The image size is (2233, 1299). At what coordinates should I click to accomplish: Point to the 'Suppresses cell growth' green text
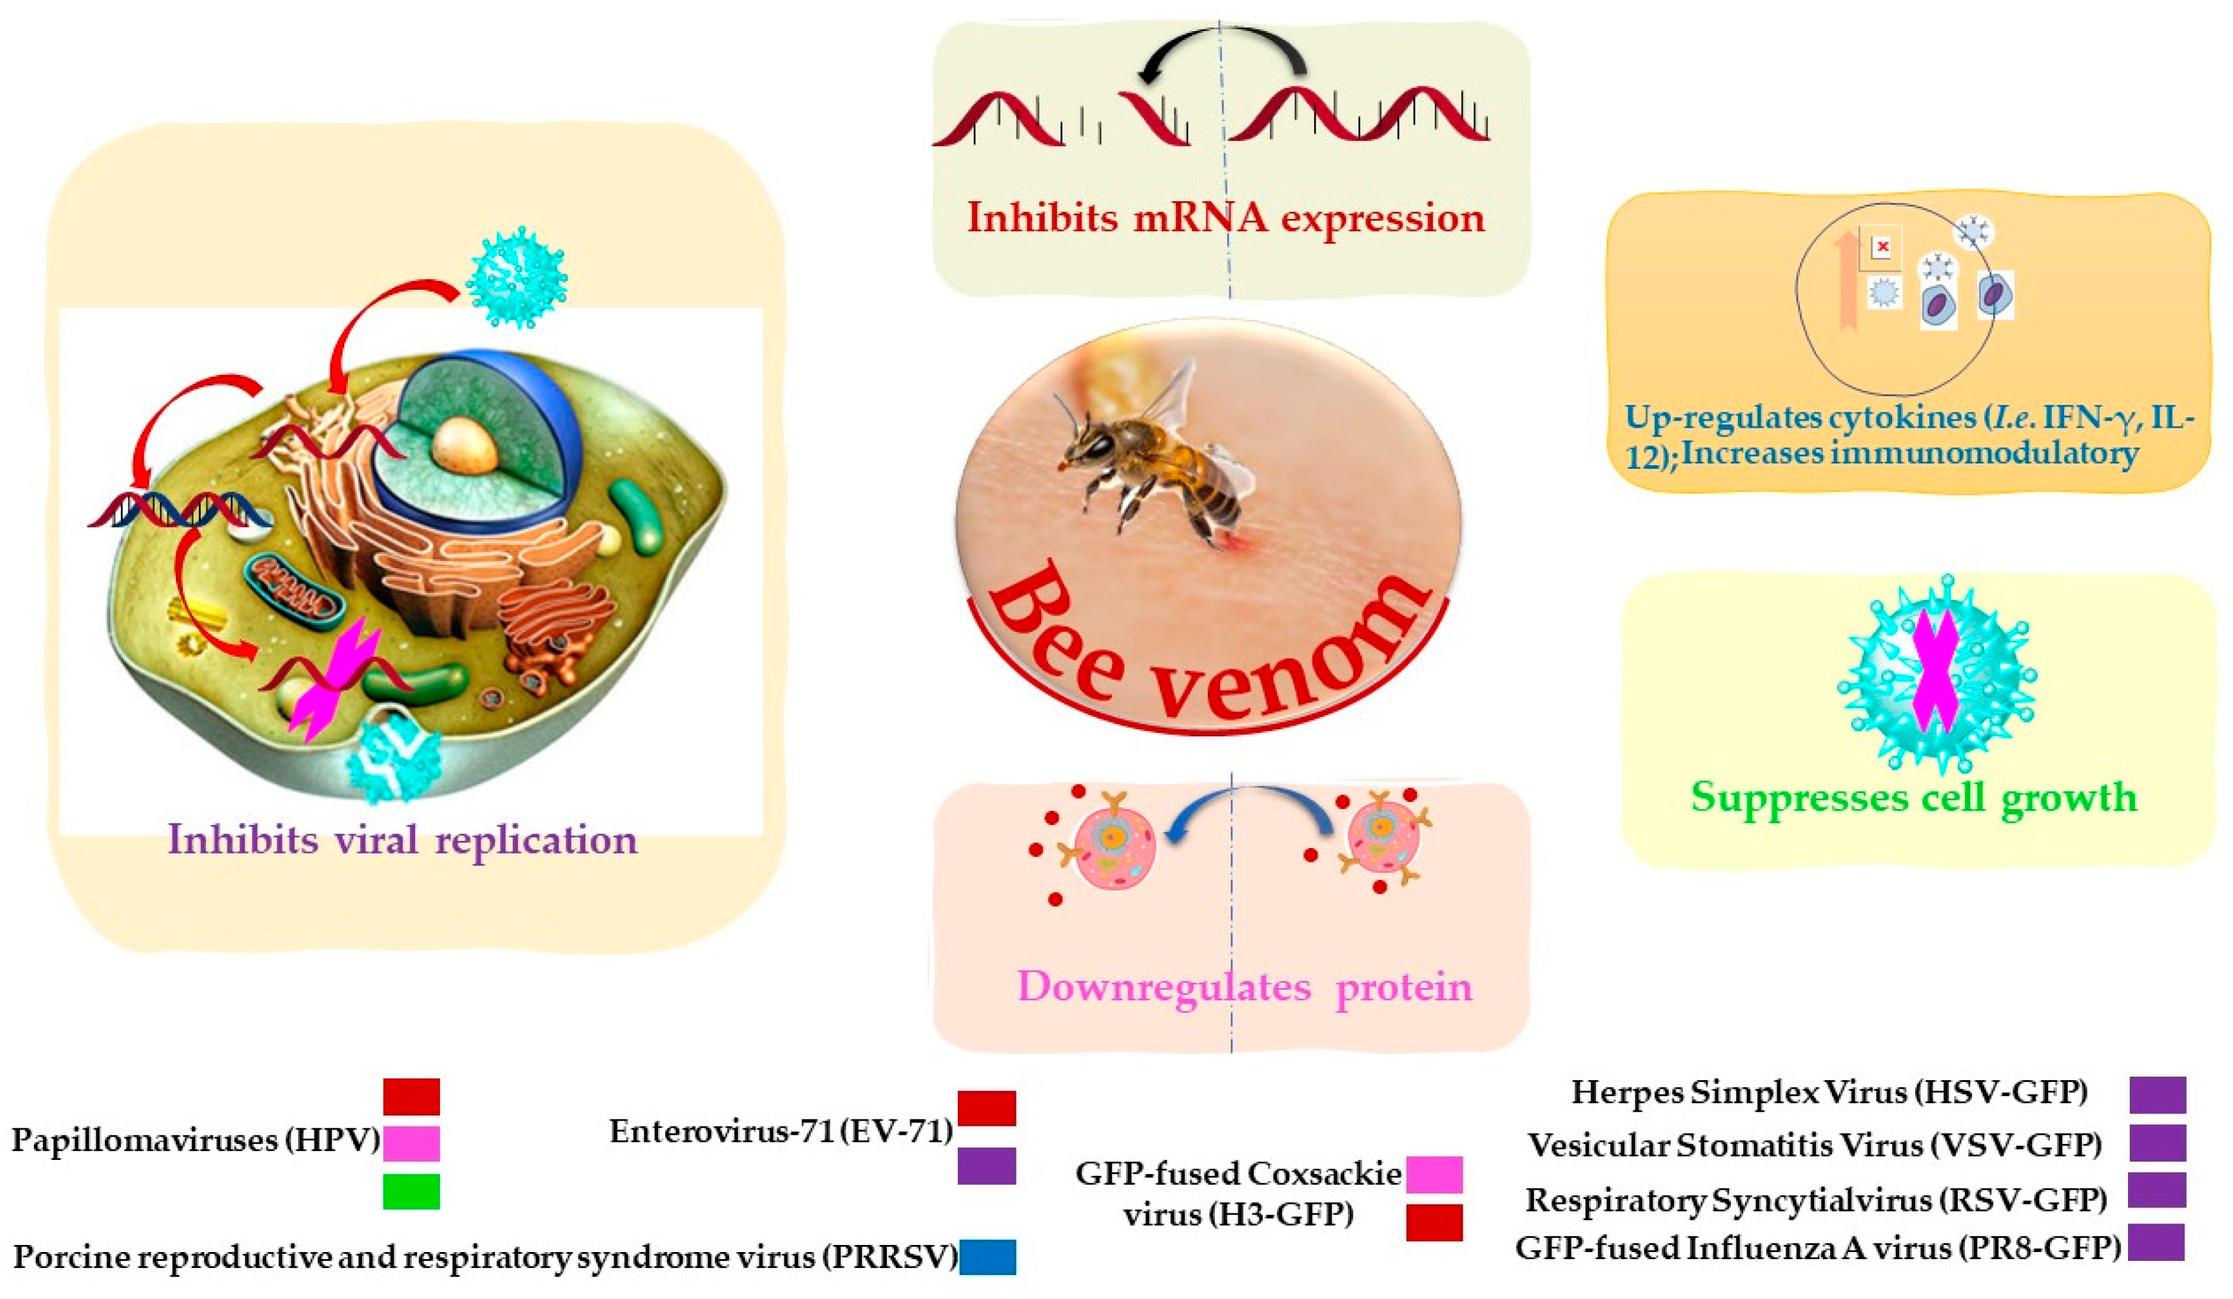pyautogui.click(x=1914, y=797)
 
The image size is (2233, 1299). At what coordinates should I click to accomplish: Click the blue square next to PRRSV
pyautogui.click(x=987, y=1257)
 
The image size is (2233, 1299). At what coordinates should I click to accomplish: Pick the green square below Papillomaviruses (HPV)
pyautogui.click(x=411, y=1192)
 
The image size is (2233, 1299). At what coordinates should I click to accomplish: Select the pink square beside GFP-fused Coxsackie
pyautogui.click(x=1434, y=1174)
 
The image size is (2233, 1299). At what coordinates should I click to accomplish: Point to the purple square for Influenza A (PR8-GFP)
pyautogui.click(x=2156, y=1242)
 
